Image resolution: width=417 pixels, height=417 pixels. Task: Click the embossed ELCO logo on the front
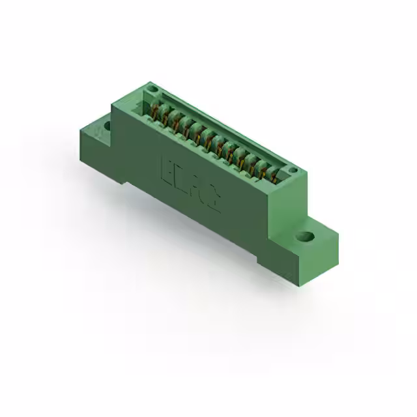coord(190,183)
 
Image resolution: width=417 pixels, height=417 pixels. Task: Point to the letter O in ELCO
coord(213,201)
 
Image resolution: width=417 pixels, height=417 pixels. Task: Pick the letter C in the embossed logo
coord(197,189)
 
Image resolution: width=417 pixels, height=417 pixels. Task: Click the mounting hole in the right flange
coord(304,238)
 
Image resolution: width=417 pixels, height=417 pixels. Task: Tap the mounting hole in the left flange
coord(104,123)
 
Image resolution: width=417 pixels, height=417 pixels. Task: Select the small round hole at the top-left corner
coord(152,87)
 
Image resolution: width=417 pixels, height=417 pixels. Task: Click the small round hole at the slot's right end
coord(293,171)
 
